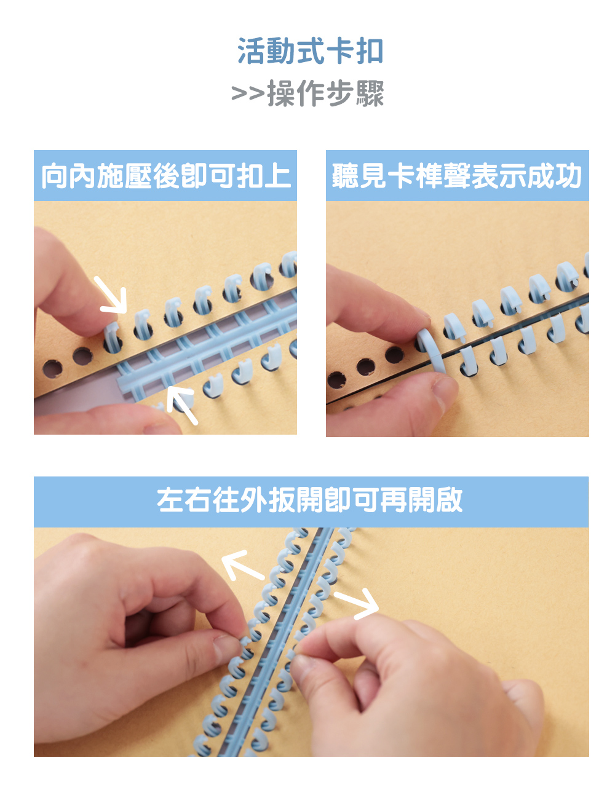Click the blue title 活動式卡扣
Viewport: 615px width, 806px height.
point(310,50)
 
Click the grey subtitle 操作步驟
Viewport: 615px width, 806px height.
point(325,93)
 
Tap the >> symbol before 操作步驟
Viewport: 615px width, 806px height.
point(248,93)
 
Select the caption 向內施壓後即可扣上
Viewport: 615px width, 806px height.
point(166,176)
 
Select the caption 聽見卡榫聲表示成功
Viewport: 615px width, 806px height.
point(457,176)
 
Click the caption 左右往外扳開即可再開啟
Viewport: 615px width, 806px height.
point(310,500)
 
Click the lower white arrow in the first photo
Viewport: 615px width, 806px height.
point(181,405)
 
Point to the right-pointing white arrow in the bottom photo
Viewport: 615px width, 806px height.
point(357,604)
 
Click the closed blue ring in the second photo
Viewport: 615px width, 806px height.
point(430,351)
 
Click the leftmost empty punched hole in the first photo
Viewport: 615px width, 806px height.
point(52,369)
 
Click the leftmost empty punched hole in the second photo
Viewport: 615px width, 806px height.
point(336,380)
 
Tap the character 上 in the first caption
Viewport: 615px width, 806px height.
point(278,176)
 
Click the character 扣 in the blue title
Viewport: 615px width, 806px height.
point(370,50)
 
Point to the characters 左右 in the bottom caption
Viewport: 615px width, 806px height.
point(184,500)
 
